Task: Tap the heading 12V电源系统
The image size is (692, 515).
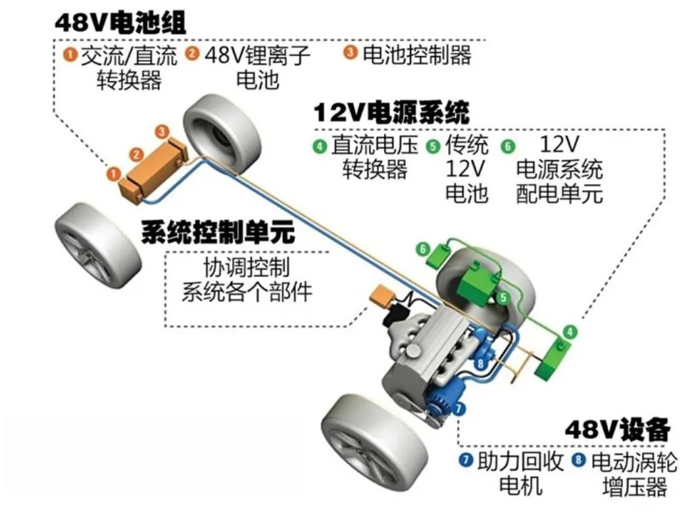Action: point(391,112)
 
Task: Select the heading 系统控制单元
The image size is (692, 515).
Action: point(218,232)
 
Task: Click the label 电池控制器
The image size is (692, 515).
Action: point(416,54)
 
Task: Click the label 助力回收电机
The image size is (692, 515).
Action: point(520,473)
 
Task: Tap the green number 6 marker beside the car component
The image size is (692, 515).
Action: point(424,249)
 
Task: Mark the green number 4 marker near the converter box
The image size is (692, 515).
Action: point(571,331)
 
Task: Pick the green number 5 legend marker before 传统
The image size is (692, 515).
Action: point(432,145)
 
